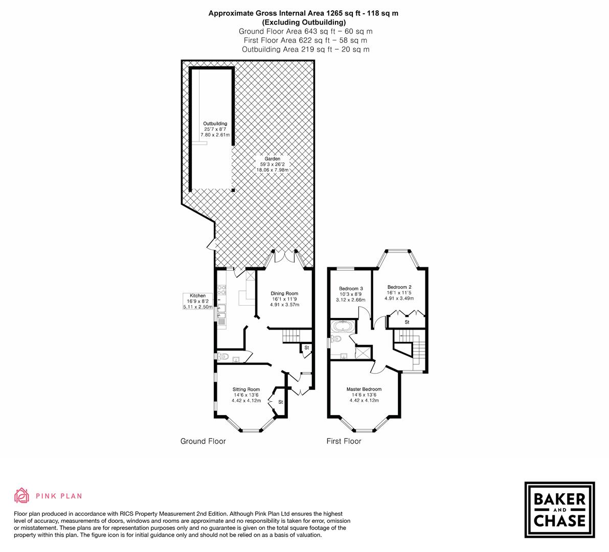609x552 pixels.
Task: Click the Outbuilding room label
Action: coord(215,129)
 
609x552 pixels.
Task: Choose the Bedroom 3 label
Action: coord(350,294)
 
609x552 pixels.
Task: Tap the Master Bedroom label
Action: coord(364,395)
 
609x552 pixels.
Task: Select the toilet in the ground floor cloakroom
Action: coord(223,356)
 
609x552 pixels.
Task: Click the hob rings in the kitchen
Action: coord(222,294)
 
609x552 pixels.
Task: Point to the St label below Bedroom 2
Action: coord(407,323)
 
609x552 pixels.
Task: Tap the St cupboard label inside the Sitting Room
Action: coord(280,402)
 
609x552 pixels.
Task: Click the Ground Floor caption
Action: coord(202,441)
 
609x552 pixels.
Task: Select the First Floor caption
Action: coord(344,441)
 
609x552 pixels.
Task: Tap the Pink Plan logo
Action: coord(48,495)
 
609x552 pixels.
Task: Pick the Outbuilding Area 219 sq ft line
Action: coord(305,50)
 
